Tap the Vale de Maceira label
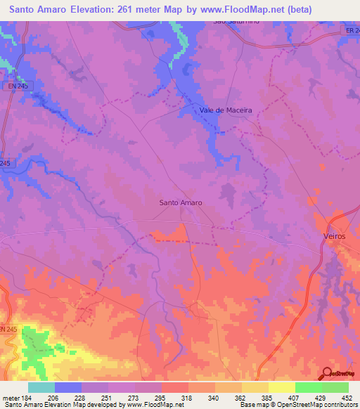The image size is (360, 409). [x=226, y=111]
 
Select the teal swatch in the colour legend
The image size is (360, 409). [x=41, y=387]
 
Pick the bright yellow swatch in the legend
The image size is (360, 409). [x=282, y=387]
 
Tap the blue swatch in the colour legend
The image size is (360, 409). [x=67, y=387]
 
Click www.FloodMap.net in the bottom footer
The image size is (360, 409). [x=149, y=405]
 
